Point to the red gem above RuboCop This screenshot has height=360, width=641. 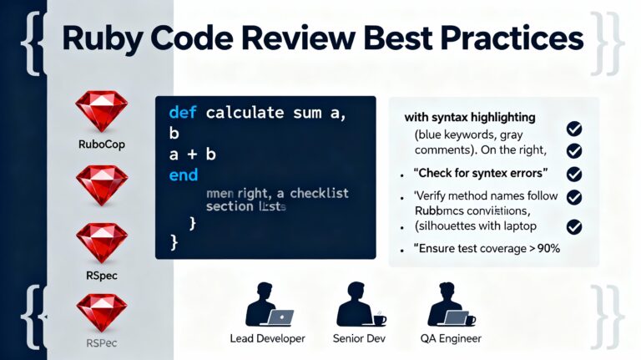[100, 110]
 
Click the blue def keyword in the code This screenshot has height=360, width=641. [183, 112]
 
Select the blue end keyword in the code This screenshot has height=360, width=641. [183, 175]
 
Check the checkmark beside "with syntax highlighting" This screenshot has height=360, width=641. [574, 129]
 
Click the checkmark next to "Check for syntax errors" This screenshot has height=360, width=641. [574, 174]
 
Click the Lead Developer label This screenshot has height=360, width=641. [267, 338]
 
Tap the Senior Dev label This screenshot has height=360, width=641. [360, 338]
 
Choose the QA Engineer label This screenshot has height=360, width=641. [450, 338]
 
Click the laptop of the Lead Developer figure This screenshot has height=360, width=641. [280, 317]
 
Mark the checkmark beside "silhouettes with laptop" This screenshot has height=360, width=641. [574, 226]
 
